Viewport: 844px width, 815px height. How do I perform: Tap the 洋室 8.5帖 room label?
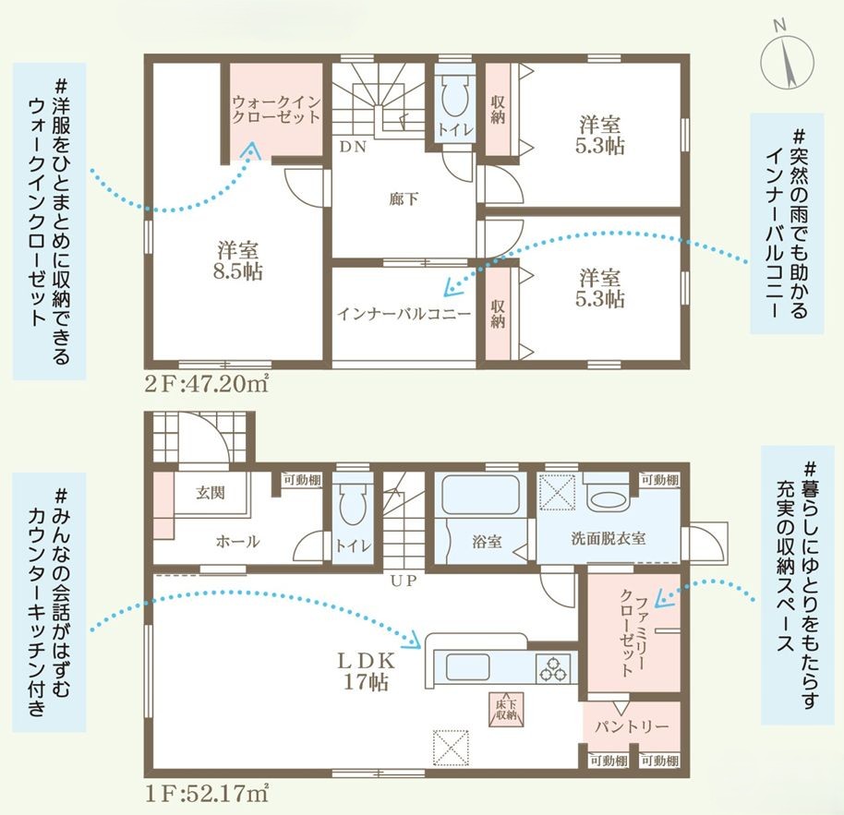pyautogui.click(x=237, y=261)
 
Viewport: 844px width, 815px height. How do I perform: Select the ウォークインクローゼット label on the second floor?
pyautogui.click(x=275, y=110)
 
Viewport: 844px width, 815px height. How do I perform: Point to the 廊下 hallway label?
pyautogui.click(x=400, y=197)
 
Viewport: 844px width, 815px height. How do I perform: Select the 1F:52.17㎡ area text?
pyautogui.click(x=205, y=792)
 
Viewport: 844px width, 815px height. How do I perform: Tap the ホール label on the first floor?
pyautogui.click(x=238, y=542)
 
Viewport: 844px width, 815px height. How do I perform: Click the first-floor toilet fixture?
pyautogui.click(x=350, y=507)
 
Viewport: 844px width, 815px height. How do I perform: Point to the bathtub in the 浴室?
pyautogui.click(x=482, y=496)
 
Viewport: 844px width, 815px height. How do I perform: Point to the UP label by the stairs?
pyautogui.click(x=403, y=581)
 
